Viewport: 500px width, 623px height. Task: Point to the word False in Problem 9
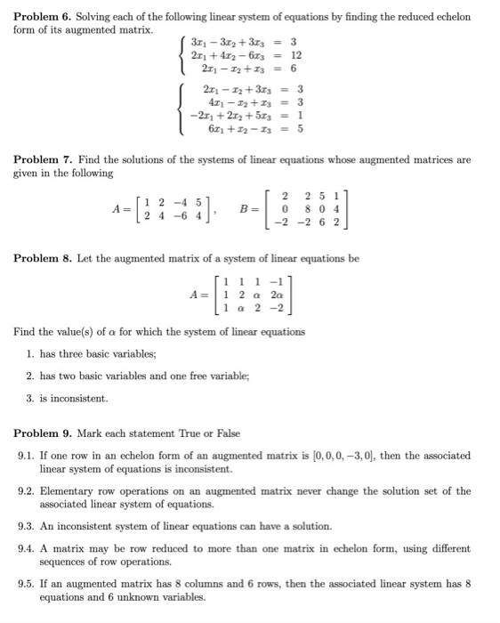227,433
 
